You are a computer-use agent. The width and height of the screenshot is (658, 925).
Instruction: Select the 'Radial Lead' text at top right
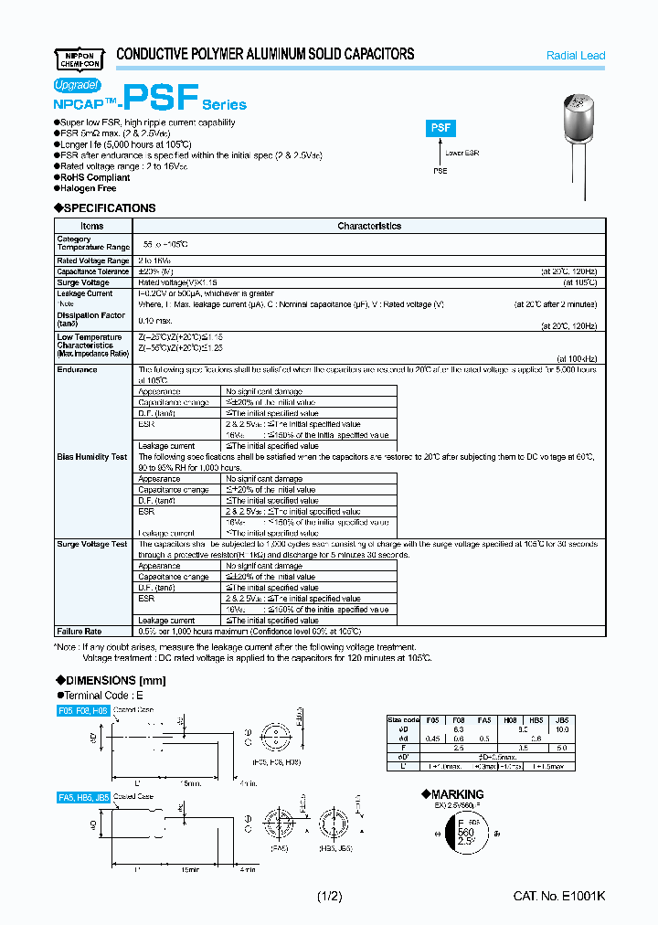(x=575, y=56)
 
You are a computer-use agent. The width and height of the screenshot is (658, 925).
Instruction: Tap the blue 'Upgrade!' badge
(x=77, y=84)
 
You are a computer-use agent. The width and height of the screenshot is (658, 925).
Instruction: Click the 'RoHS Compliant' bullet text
(x=94, y=177)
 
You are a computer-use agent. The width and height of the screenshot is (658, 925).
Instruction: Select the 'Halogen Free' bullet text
(x=89, y=188)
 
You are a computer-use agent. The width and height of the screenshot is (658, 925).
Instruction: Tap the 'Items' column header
(x=92, y=226)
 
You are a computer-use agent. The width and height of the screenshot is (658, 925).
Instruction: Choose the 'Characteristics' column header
(x=369, y=226)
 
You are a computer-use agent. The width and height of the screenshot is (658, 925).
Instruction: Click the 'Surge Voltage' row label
(x=82, y=282)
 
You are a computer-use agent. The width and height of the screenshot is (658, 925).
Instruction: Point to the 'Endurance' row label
(x=77, y=369)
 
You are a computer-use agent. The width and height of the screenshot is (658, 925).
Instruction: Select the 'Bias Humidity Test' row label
(x=91, y=456)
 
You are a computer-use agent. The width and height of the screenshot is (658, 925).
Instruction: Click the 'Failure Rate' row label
(x=80, y=632)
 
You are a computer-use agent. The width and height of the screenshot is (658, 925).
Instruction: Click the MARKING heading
(x=452, y=794)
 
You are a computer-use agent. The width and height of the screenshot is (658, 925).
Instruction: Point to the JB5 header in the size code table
(x=587, y=719)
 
